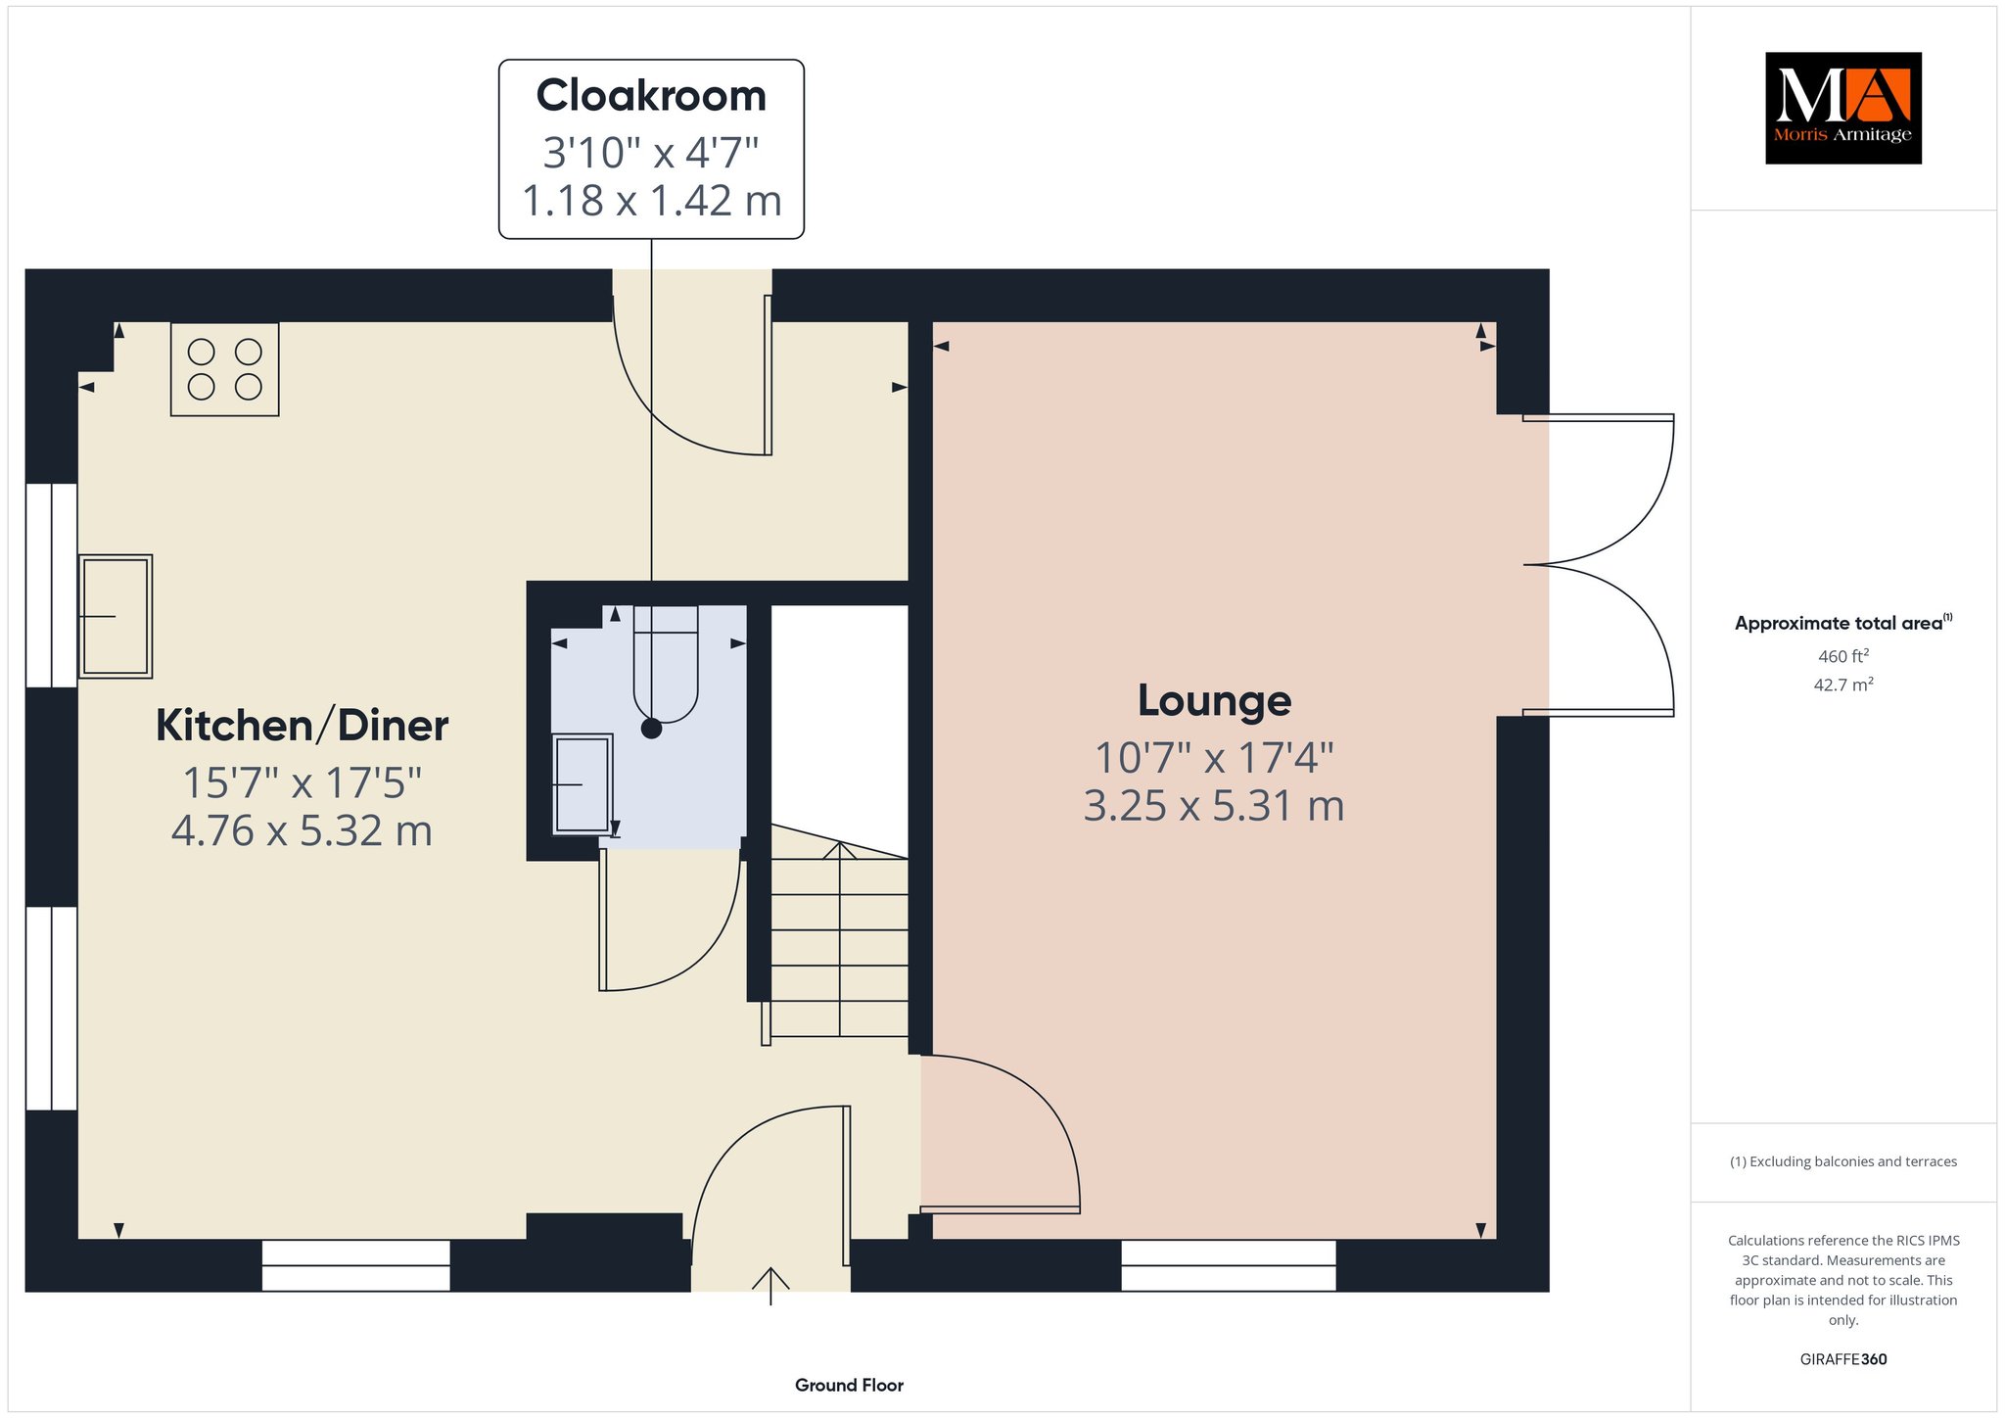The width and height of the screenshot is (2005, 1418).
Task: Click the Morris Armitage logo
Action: click(1842, 108)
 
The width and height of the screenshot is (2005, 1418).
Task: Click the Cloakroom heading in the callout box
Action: click(651, 96)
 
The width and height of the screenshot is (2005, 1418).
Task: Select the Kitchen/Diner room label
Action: click(302, 726)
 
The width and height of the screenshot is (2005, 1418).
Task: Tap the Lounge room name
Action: click(1214, 700)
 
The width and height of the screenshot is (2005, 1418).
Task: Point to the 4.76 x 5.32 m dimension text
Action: click(302, 830)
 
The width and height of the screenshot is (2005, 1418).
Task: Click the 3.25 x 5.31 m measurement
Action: click(1214, 806)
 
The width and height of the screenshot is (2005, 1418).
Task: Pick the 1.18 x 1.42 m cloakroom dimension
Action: click(651, 201)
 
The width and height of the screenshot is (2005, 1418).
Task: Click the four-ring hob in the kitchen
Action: click(224, 369)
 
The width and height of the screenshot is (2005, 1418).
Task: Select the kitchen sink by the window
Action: click(116, 616)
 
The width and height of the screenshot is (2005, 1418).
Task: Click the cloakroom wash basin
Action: click(583, 784)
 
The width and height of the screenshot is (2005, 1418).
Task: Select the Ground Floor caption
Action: click(849, 1385)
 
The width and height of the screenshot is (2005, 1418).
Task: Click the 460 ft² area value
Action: click(1843, 655)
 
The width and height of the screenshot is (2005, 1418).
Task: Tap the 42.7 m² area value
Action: click(1843, 684)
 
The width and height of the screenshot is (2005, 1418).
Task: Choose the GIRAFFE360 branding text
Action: click(1843, 1359)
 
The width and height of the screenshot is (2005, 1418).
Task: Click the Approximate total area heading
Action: click(1843, 623)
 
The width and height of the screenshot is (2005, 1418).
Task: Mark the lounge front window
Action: click(1228, 1265)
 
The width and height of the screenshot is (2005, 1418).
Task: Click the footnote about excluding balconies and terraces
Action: click(1843, 1161)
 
